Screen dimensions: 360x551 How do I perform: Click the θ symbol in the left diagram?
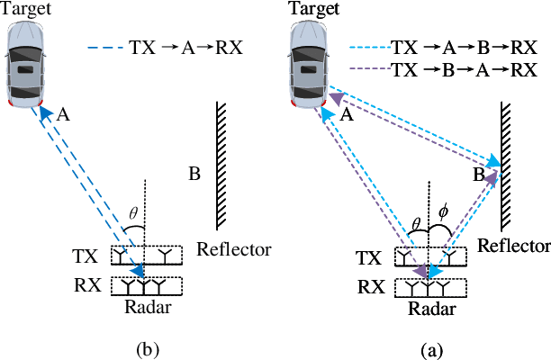click(x=133, y=214)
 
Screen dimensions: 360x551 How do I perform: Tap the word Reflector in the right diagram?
click(x=514, y=246)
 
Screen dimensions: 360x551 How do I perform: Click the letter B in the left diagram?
click(x=193, y=173)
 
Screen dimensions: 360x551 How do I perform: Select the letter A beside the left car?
click(x=63, y=114)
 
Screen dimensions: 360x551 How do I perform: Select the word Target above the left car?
click(x=26, y=8)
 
